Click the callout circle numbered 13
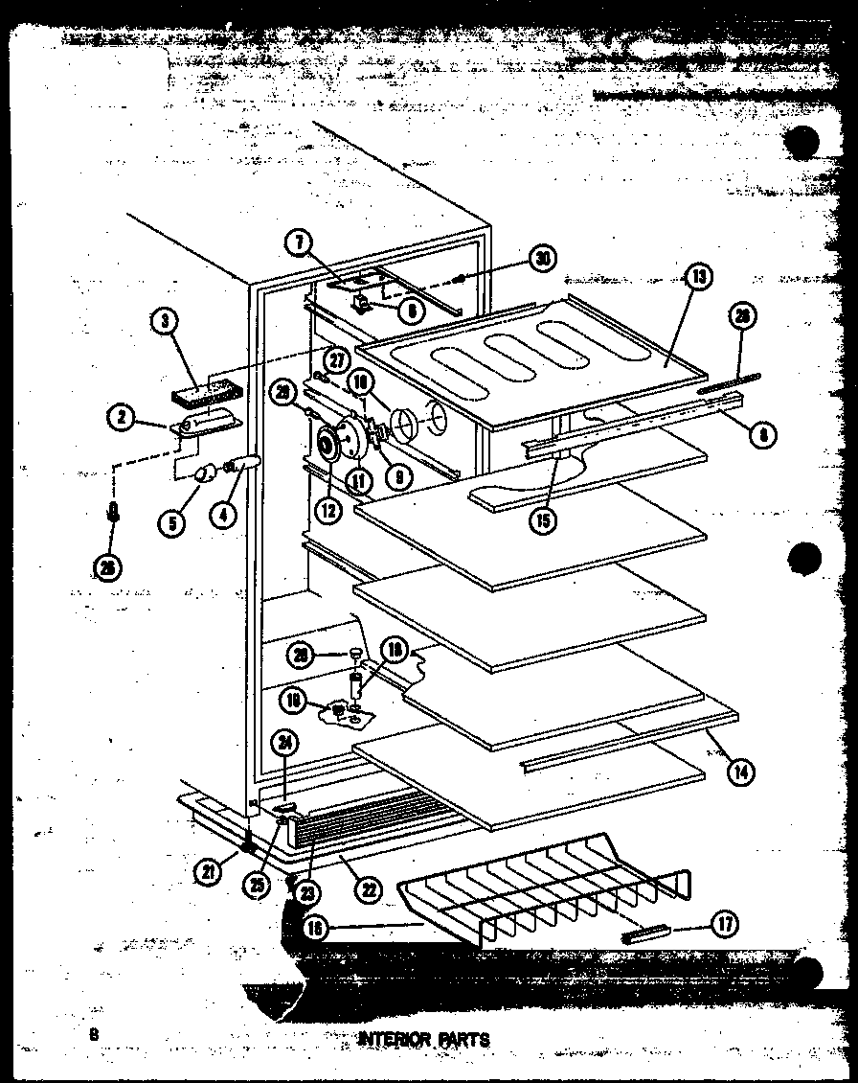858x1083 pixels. tap(699, 277)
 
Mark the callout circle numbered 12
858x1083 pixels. tap(328, 511)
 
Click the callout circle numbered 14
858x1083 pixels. tap(738, 770)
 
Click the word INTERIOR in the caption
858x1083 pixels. tap(389, 1039)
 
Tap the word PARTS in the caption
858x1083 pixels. tap(463, 1039)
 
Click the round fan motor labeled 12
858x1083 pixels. tap(328, 446)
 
